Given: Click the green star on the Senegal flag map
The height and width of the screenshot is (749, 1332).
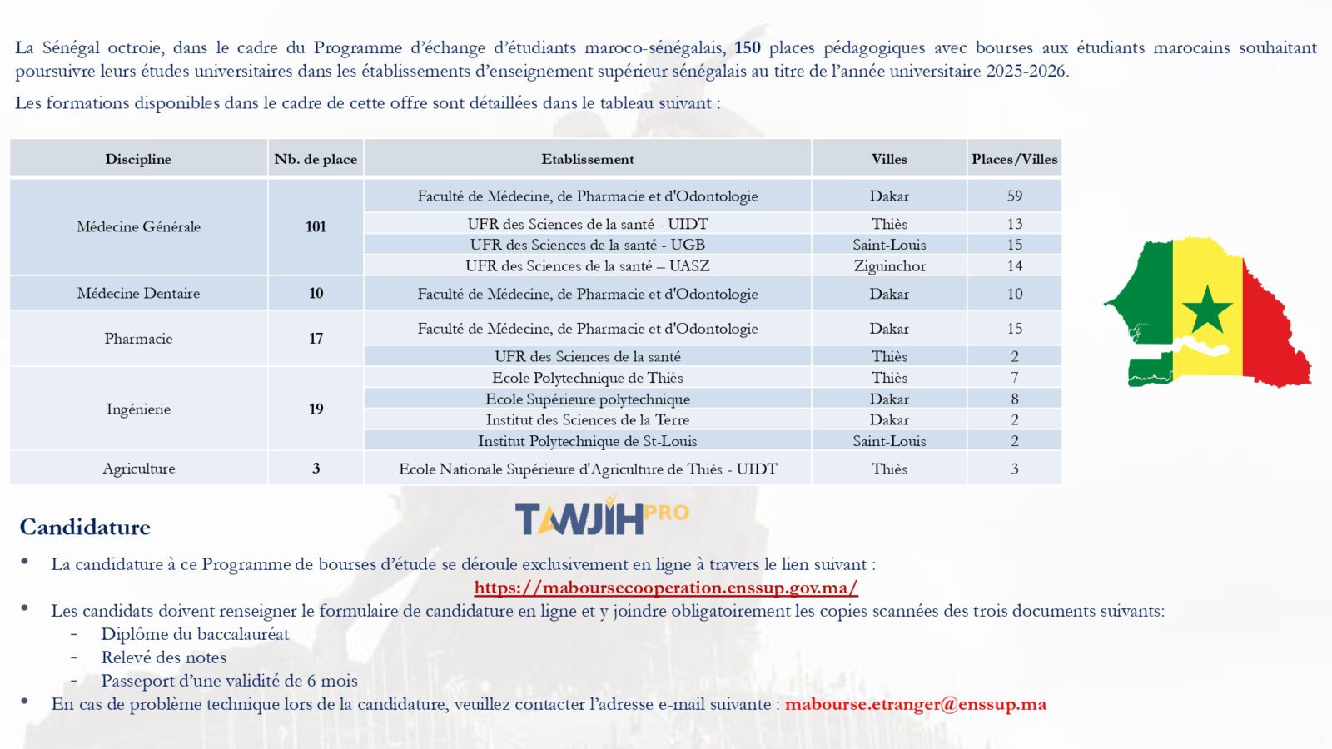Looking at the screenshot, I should click(1206, 310).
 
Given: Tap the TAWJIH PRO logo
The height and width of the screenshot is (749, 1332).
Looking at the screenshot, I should click(601, 518).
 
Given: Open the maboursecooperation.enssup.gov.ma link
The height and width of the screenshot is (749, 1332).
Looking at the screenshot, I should click(665, 588).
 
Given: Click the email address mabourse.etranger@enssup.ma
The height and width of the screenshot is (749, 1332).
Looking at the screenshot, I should click(915, 704).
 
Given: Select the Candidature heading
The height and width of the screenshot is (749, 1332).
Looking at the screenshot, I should click(85, 528).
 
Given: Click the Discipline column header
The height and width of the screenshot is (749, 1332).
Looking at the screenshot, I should click(138, 159).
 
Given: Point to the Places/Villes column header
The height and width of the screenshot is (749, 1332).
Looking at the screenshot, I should click(1014, 159).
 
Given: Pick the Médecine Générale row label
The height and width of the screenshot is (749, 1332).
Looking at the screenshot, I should click(138, 226).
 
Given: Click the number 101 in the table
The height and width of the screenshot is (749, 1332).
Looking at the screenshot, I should click(316, 226).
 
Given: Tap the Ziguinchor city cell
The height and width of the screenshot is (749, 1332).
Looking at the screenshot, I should click(889, 266).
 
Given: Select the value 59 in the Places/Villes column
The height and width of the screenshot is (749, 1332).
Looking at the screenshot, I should click(1014, 196).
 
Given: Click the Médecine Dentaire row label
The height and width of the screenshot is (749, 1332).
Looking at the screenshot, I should click(138, 294).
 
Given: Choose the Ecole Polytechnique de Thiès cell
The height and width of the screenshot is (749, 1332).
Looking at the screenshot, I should click(588, 378).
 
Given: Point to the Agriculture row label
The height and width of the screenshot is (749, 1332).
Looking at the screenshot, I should click(138, 469).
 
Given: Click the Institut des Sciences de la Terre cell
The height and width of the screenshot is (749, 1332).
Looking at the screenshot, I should click(588, 420).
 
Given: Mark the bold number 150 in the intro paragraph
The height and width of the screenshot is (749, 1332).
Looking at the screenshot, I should click(747, 48).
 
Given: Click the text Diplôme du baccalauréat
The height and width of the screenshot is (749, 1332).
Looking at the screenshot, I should click(195, 634).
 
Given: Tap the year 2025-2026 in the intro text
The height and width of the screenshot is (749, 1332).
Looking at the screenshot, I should click(1026, 72).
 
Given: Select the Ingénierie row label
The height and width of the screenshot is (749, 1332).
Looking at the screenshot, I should click(138, 409).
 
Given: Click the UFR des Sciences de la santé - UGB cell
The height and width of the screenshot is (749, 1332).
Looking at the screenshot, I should click(588, 245).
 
